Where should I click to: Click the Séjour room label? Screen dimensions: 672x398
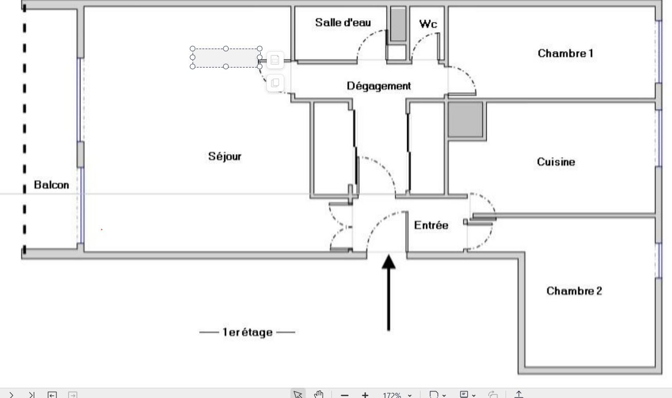click(x=225, y=157)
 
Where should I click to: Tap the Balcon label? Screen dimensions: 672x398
click(x=51, y=185)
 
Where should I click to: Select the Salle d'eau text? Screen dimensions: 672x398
click(x=343, y=23)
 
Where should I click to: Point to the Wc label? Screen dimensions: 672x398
click(x=428, y=24)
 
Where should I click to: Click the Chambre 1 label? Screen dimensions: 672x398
click(x=565, y=53)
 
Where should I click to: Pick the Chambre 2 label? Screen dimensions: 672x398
click(x=574, y=291)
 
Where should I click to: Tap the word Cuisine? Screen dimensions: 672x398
click(x=556, y=162)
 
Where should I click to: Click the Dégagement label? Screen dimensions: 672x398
click(x=379, y=86)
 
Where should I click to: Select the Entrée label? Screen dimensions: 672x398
click(x=431, y=225)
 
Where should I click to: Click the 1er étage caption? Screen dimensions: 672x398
click(x=247, y=332)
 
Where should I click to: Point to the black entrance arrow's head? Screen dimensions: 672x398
click(x=388, y=261)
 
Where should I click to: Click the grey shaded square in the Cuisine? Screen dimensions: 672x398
click(x=465, y=119)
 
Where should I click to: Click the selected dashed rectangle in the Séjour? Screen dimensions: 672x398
click(x=226, y=57)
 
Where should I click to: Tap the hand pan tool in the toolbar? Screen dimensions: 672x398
click(x=319, y=394)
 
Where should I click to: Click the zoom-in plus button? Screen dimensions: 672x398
click(x=365, y=395)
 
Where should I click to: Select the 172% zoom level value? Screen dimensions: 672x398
click(x=392, y=395)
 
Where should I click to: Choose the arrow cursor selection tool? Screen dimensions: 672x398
click(x=298, y=394)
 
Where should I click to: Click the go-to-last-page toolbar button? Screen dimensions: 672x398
click(x=32, y=395)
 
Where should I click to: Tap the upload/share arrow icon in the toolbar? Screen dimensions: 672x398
click(x=519, y=394)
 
